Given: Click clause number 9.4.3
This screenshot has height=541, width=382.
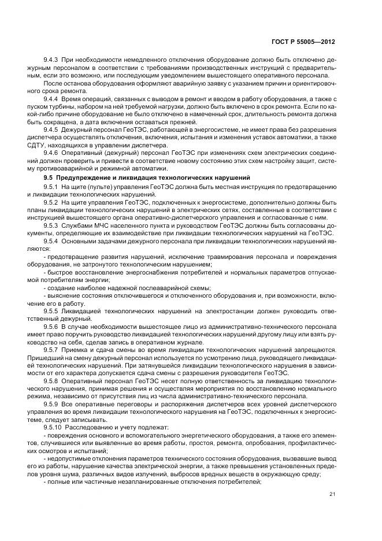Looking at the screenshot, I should (52, 60).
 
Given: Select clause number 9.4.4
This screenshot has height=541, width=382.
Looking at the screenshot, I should (52, 99).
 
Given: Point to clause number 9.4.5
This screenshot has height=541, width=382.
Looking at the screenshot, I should (52, 132).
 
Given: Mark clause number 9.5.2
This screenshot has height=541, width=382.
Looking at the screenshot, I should (52, 205).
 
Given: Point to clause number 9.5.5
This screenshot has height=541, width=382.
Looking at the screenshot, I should (52, 310).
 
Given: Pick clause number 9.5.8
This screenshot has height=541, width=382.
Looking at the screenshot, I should (52, 382).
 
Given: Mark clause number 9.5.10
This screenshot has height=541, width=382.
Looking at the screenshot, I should (54, 428).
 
